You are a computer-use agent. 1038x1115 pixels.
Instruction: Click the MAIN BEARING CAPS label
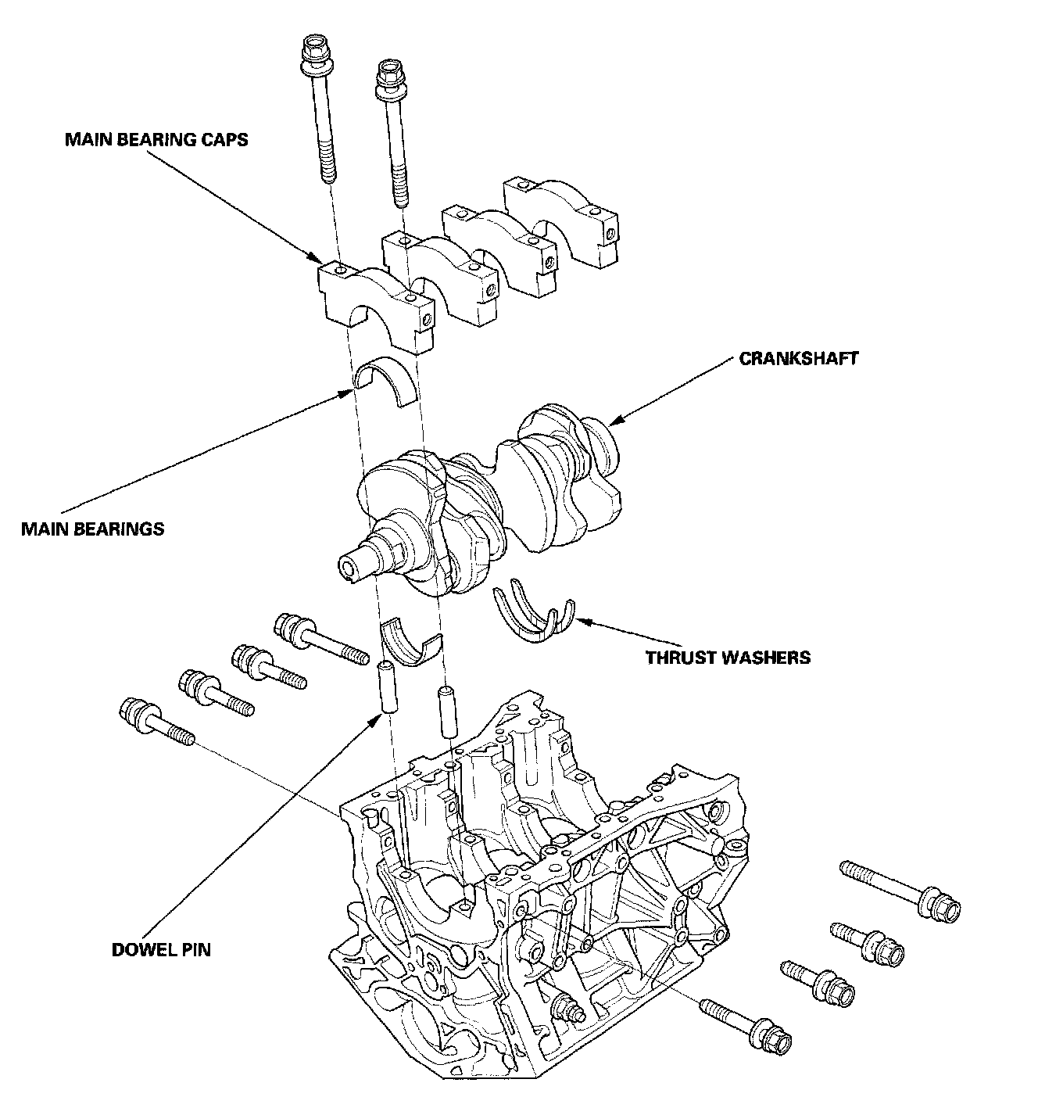point(156,140)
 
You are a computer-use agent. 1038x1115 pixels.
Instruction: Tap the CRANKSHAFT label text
point(798,359)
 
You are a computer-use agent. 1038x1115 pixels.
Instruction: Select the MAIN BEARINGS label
point(93,529)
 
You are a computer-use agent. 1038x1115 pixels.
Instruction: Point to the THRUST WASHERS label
point(728,658)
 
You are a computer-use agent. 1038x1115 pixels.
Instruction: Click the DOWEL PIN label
point(161,950)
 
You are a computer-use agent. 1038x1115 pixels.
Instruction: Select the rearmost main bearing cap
point(561,222)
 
